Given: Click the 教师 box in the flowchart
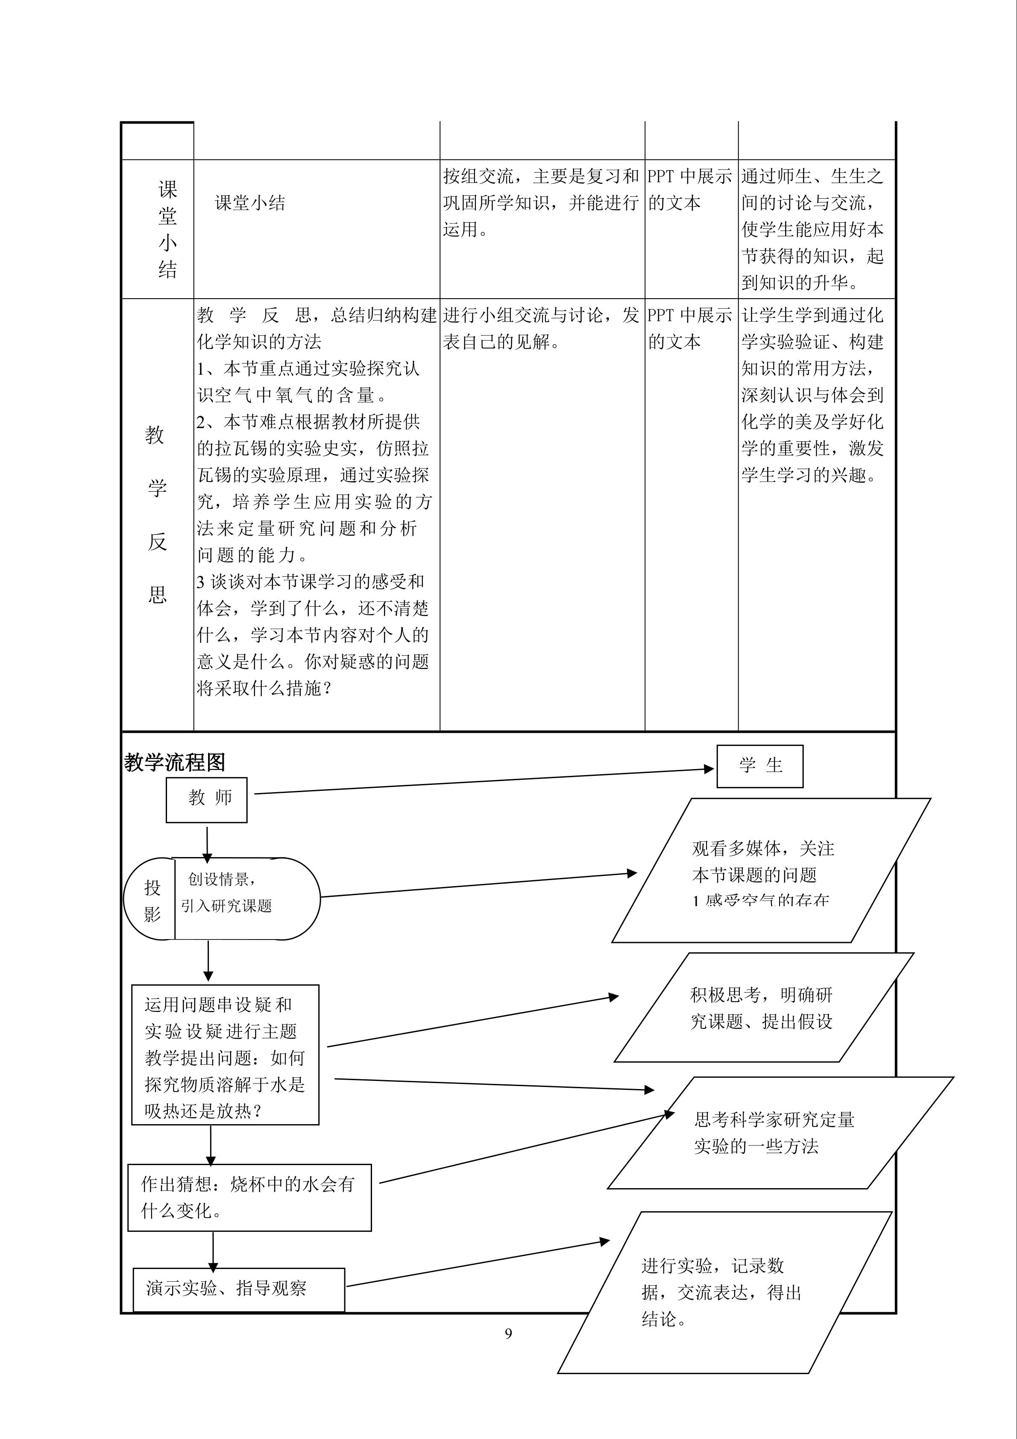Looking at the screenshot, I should pos(207,800).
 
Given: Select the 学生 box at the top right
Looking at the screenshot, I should pos(759,766).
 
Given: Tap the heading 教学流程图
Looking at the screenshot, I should pos(174,763).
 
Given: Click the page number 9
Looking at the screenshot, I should pos(508,1333).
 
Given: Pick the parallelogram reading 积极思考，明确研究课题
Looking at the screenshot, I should pos(761,1008).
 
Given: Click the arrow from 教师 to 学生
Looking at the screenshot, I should pos(483,781).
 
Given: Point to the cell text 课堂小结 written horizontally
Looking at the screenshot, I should pos(250,203).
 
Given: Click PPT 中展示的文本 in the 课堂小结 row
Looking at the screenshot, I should pos(689,189).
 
